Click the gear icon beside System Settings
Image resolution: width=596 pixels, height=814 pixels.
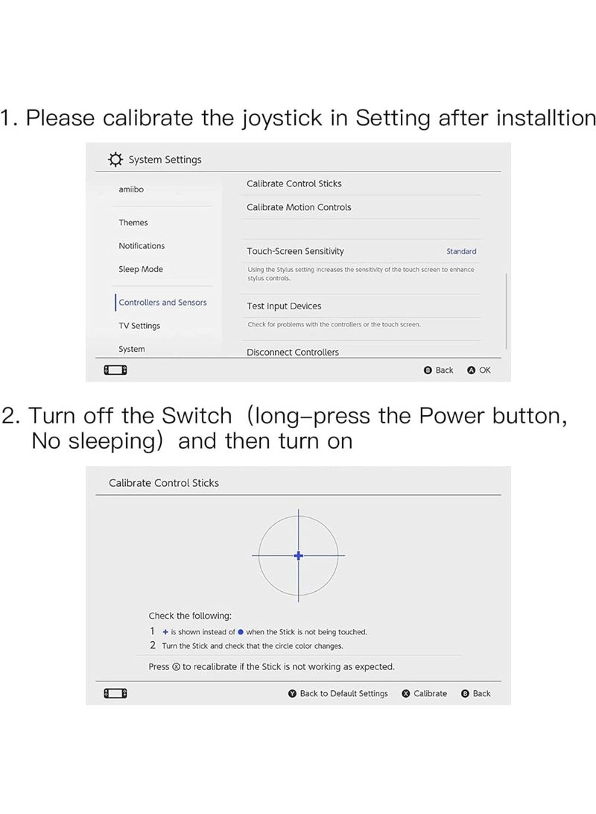point(115,160)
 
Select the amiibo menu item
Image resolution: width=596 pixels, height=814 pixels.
point(131,189)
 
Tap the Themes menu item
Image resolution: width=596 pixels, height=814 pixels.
point(133,222)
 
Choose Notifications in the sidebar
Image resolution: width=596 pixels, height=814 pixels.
point(142,246)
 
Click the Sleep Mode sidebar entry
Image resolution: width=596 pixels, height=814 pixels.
point(141,269)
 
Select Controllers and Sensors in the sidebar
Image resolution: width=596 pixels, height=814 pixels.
point(162,303)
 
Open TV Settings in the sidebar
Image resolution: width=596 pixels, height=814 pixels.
point(139,326)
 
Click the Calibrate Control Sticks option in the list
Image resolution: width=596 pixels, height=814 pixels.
point(294,183)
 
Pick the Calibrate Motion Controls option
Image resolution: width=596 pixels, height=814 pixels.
point(299,207)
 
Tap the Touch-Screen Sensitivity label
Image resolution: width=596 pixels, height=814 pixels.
point(296,251)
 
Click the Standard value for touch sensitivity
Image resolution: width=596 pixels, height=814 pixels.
point(461,251)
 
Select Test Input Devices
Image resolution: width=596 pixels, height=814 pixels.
point(284,306)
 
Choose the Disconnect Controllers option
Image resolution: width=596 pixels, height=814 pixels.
point(293,352)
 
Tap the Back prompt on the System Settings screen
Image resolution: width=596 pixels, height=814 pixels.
point(439,370)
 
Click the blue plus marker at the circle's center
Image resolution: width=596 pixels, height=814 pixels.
point(299,555)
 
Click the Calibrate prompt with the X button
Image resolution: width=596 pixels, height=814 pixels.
point(425,693)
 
